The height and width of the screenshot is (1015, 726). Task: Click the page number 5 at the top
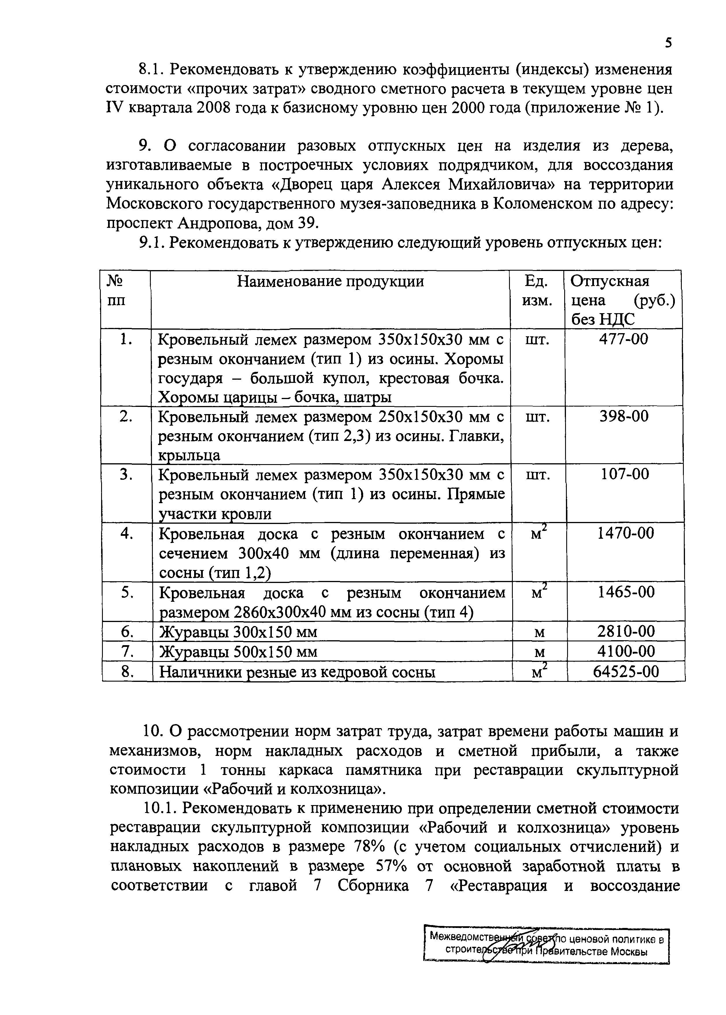click(668, 43)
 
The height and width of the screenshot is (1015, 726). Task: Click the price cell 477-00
click(623, 339)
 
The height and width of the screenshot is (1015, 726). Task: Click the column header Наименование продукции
click(330, 281)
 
